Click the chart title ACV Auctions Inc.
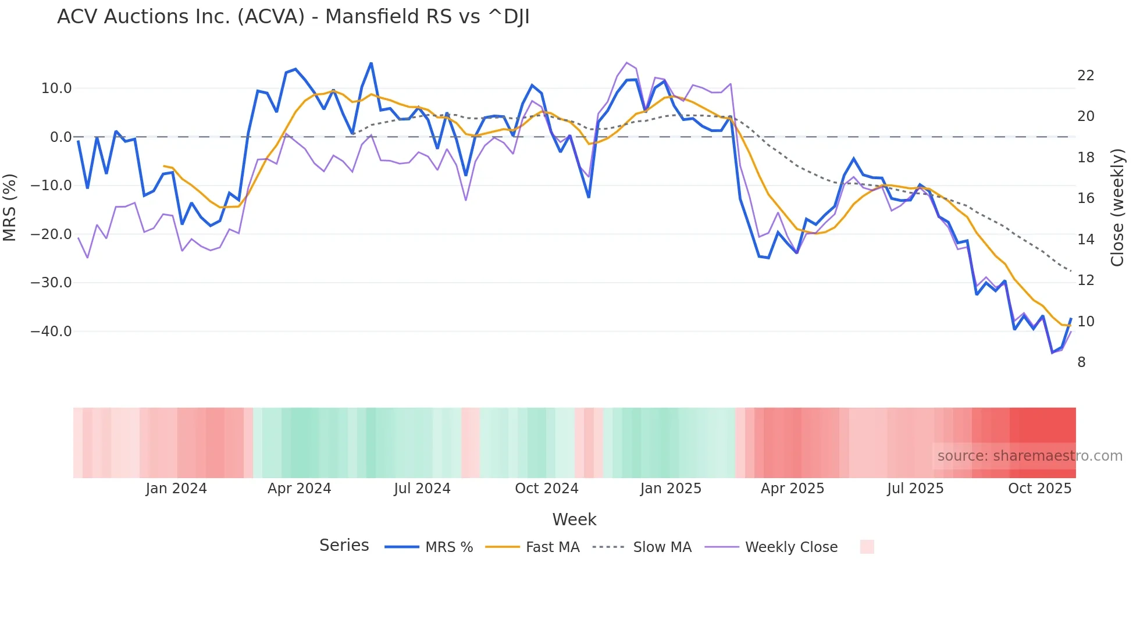point(293,17)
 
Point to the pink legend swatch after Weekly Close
point(867,547)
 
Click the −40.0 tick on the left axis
point(51,332)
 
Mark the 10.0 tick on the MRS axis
point(56,88)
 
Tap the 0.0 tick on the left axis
point(60,137)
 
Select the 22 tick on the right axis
point(1085,76)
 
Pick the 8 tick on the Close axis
point(1081,362)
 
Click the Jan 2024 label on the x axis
point(176,489)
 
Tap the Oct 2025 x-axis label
point(1039,489)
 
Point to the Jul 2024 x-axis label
point(422,489)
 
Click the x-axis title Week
point(574,519)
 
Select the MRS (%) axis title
point(10,207)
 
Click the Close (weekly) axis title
point(1117,208)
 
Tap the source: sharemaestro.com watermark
point(1029,456)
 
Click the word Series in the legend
point(344,546)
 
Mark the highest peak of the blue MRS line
point(371,63)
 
